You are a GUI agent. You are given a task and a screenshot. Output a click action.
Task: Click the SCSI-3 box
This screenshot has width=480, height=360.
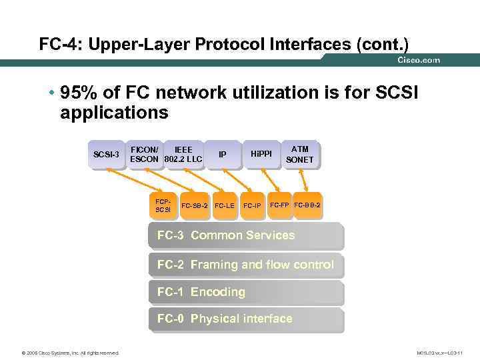[x=107, y=155]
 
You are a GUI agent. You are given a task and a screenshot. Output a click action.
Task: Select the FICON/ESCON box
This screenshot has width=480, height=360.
[x=145, y=155]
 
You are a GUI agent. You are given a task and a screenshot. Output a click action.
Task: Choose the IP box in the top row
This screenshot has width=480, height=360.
[x=223, y=155]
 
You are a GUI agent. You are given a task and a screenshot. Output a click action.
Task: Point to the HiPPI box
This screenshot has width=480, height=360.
[x=261, y=155]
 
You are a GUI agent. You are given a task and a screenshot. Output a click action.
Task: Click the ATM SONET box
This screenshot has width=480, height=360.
[x=300, y=155]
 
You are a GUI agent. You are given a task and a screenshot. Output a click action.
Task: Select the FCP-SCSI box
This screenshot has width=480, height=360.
[x=163, y=205]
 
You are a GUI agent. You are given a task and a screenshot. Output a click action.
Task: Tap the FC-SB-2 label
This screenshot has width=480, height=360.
[x=195, y=205]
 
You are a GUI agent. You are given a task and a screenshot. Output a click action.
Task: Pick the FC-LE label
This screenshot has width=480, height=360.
[x=225, y=205]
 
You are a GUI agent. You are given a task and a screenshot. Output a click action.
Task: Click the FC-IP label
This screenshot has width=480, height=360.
[x=252, y=205]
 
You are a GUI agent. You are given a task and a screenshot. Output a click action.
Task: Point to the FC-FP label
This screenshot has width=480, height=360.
[x=279, y=204]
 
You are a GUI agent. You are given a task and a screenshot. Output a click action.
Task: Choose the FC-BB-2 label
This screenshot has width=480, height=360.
[x=307, y=204]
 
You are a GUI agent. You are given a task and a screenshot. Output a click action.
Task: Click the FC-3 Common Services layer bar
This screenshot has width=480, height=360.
[x=245, y=236]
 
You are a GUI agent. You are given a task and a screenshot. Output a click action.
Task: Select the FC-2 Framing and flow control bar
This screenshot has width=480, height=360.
[x=245, y=265]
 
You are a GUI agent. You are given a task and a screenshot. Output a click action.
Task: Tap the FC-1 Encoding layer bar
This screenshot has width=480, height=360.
[x=245, y=292]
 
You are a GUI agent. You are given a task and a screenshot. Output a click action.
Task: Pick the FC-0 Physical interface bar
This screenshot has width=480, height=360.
[x=245, y=319]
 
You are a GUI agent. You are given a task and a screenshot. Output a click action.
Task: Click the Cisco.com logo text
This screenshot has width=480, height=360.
[x=419, y=60]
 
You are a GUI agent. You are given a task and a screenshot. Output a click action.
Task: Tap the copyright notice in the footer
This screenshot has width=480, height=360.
[x=61, y=353]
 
